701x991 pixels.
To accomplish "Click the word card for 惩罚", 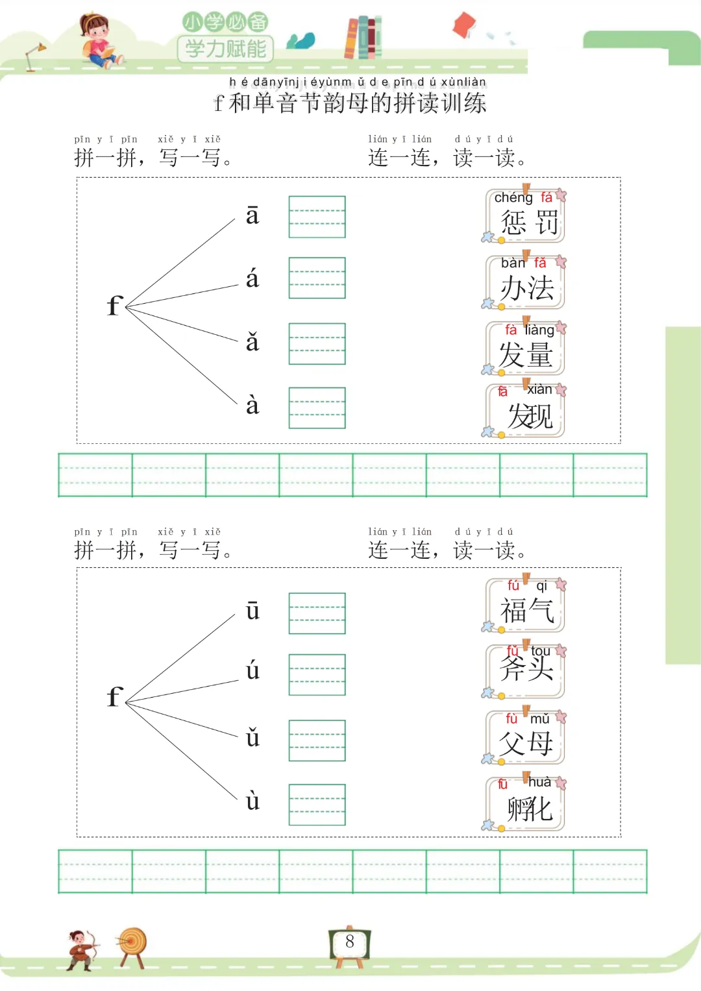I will (x=525, y=215).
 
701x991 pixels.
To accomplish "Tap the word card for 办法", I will (x=525, y=282).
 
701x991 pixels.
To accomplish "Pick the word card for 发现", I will (x=525, y=410).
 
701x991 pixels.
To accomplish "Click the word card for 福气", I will (x=525, y=605).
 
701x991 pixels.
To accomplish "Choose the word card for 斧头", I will (x=525, y=670).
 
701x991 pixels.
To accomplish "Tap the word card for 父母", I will (x=525, y=737).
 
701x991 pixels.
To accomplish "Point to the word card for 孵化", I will (x=525, y=803).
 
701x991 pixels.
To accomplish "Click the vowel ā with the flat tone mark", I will (x=252, y=215).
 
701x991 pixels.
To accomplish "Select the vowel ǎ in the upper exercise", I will (x=252, y=342).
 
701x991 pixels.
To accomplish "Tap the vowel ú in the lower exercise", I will (x=252, y=670).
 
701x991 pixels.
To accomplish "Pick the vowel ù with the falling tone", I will (x=252, y=801).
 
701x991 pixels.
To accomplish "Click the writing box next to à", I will (x=317, y=408).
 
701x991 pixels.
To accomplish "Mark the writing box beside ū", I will (x=317, y=613).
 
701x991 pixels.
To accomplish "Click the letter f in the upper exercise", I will (x=114, y=305).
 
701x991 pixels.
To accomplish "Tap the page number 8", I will (x=350, y=942).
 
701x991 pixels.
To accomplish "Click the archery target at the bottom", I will (x=132, y=944).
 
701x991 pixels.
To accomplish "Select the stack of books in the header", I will (x=363, y=37).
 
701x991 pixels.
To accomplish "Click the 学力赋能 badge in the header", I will (x=225, y=49).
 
